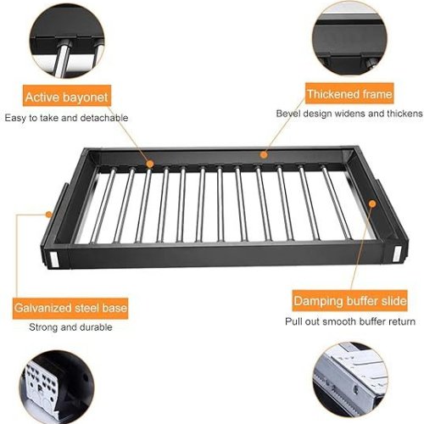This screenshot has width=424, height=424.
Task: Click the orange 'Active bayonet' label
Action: coord(67,96)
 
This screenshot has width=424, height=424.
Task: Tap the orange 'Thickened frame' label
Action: coord(349,93)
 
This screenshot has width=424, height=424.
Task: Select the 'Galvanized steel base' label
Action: coord(70,308)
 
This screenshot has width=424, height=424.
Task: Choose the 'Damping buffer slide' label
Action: coord(350,300)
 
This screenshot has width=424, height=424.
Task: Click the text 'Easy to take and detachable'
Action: coord(66,118)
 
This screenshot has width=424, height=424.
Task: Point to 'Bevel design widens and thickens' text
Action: coord(349,114)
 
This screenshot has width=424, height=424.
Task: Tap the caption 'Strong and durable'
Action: coord(70,327)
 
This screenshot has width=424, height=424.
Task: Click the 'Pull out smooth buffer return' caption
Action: coord(350,321)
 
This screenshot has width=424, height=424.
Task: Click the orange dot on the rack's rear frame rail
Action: coord(264,154)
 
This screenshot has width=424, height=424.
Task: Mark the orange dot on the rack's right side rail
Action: coord(372,204)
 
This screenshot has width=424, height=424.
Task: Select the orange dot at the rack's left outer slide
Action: coord(49,215)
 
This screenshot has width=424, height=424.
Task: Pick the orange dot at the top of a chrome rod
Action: coord(150,164)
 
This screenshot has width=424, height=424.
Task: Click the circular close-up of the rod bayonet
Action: coord(67,40)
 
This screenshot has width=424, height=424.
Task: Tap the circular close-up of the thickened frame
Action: coord(349,38)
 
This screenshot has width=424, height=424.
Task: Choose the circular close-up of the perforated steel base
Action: coord(57,388)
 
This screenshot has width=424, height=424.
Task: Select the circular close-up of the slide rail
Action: coord(350,380)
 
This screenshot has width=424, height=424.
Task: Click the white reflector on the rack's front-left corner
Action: coord(53,259)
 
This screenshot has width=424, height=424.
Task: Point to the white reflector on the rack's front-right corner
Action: coord(397,254)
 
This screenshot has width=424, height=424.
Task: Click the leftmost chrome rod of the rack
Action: coord(103,205)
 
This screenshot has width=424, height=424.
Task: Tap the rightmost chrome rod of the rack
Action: coord(337,203)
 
